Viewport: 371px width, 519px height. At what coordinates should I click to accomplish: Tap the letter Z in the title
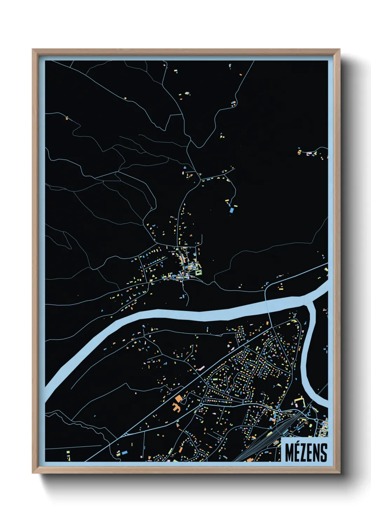pyautogui.click(x=303, y=453)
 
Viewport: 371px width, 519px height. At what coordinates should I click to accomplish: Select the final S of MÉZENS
pyautogui.click(x=324, y=453)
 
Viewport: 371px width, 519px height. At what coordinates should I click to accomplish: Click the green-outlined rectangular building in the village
pyautogui.click(x=199, y=271)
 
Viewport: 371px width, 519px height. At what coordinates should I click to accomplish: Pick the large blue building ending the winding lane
pyautogui.click(x=231, y=210)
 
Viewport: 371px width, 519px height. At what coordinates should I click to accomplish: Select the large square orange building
pyautogui.click(x=179, y=398)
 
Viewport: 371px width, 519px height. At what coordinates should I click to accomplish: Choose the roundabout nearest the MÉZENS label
pyautogui.click(x=316, y=419)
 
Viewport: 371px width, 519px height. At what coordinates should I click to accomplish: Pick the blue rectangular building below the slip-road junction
pyautogui.click(x=124, y=453)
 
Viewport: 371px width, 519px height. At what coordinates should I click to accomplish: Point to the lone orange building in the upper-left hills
pyautogui.click(x=67, y=118)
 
